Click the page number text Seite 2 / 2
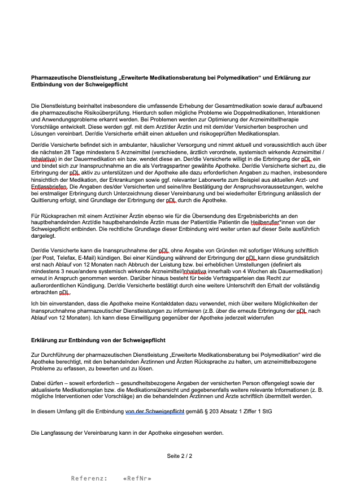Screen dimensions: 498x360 coord(179,455)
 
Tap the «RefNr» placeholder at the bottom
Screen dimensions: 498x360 coord(137,479)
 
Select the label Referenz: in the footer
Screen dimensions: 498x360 coord(89,479)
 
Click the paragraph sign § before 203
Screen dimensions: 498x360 coord(212,412)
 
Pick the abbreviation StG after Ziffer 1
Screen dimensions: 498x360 coord(266,412)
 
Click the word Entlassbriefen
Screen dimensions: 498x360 coord(50,186)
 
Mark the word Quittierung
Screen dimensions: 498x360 coord(47,200)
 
